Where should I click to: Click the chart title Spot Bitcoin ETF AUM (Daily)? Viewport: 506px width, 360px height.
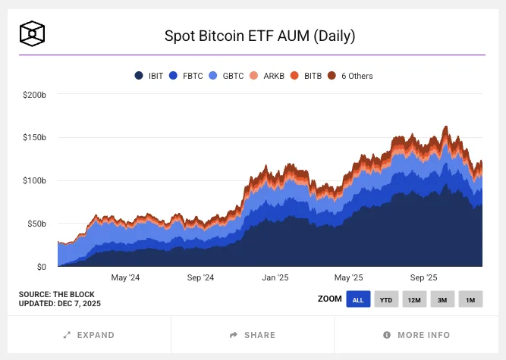click(260, 36)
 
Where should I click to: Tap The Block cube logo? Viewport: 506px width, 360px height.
click(33, 33)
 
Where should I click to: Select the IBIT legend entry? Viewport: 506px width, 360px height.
click(150, 76)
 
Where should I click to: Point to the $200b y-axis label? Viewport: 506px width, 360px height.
click(35, 95)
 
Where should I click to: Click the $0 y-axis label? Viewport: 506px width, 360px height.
click(41, 267)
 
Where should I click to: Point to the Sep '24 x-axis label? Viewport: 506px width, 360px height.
click(200, 277)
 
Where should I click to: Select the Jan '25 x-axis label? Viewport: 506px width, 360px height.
click(274, 277)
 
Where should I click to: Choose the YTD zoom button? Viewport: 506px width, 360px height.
click(386, 299)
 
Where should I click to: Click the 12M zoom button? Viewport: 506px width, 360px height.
click(414, 299)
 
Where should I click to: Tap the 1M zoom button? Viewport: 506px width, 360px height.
click(470, 299)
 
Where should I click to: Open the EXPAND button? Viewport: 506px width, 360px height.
click(90, 335)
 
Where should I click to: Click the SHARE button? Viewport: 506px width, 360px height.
click(253, 335)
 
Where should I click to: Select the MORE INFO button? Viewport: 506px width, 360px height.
click(416, 335)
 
